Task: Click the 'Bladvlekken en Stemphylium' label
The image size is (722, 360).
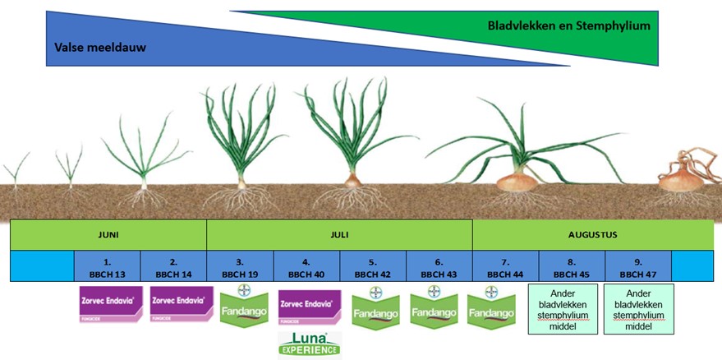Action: [x=568, y=25]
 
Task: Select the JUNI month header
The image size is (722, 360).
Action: [x=108, y=235]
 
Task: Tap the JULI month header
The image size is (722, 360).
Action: [x=339, y=235]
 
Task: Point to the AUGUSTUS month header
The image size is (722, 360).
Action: [x=592, y=235]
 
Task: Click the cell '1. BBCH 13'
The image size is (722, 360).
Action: [x=108, y=266]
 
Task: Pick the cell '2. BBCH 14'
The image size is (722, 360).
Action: [x=173, y=266]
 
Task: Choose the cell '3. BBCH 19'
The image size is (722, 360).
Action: [x=240, y=266]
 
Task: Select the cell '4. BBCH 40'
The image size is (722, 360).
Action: [x=306, y=266]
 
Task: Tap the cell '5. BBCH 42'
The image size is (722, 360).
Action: [x=373, y=266]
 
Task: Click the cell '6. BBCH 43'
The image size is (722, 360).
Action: [x=439, y=266]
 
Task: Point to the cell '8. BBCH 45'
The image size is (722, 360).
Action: [x=572, y=266]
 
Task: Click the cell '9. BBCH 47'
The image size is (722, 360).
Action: [x=638, y=266]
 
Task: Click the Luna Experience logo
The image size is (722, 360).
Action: [x=310, y=345]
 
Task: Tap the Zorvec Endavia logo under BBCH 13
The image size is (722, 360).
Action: [x=111, y=304]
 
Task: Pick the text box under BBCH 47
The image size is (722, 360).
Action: [x=638, y=309]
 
